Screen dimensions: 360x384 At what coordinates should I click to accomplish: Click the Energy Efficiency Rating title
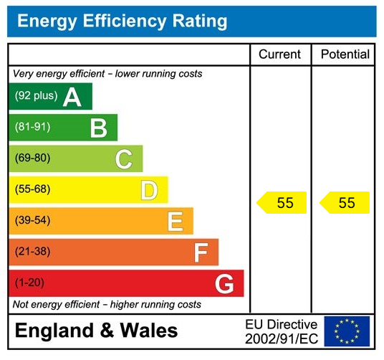coord(122,21)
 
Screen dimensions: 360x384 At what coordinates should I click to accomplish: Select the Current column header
coord(279,55)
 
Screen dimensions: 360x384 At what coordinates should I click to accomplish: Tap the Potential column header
coord(345,55)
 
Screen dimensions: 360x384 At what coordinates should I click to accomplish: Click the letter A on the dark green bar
coord(72,97)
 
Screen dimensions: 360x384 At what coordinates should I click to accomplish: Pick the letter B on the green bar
coord(98,128)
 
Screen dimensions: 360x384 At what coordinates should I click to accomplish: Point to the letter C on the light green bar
coord(124,158)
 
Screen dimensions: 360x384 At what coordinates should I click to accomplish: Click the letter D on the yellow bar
coord(149,190)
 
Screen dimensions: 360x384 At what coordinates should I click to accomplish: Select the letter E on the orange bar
coord(175,221)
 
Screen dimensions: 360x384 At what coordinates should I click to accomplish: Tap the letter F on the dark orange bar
coord(201,252)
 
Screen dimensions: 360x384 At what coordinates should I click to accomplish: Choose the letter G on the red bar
coord(224,283)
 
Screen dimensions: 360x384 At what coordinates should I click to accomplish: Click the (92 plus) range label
coord(36,96)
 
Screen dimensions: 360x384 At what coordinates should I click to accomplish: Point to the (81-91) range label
coord(32,128)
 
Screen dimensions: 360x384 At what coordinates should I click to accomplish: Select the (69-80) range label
coord(32,158)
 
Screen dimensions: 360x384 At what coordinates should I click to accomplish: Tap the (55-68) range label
coord(32,190)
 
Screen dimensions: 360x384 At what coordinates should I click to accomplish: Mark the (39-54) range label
coord(32,221)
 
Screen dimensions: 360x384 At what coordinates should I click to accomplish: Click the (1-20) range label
coord(29,283)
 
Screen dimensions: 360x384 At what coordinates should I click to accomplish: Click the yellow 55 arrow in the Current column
coord(282,203)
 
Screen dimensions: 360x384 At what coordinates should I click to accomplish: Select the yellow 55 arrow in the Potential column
coord(345,203)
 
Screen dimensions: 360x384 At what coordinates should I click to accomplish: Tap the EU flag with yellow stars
coord(347,331)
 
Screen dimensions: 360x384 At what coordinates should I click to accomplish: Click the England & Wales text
coord(97,331)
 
